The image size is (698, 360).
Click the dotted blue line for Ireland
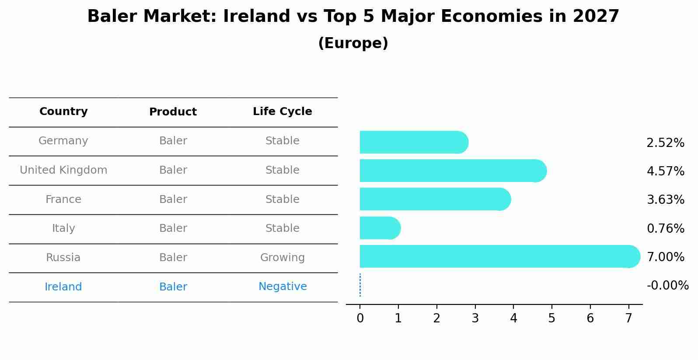(x=360, y=285)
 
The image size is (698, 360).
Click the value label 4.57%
(x=665, y=171)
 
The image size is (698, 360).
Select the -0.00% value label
(x=667, y=286)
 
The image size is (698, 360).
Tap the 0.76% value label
(x=665, y=228)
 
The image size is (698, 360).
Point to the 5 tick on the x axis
(x=551, y=318)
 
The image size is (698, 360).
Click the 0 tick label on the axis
(x=360, y=318)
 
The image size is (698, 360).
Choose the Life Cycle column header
(x=282, y=112)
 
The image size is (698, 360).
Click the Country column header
(x=63, y=112)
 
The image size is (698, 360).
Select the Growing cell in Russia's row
(x=282, y=258)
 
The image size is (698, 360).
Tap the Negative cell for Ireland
(x=282, y=287)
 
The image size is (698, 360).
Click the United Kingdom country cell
(x=63, y=170)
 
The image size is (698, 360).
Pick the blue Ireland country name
(x=63, y=287)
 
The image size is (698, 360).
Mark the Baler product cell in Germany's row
(x=173, y=141)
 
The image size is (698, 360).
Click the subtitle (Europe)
(x=353, y=43)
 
